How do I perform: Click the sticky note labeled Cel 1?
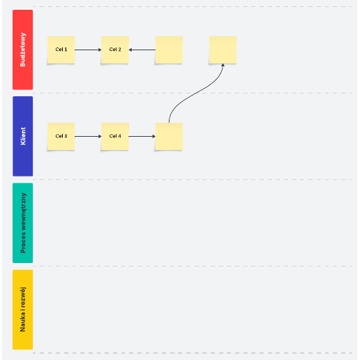[61, 50]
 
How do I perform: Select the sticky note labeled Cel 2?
[115, 50]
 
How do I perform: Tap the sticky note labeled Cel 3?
[61, 136]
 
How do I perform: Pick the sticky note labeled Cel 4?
[115, 136]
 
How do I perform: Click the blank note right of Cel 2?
[169, 50]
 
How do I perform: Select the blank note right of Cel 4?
[169, 136]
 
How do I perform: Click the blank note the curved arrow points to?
[223, 50]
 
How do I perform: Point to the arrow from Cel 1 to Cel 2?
[88, 50]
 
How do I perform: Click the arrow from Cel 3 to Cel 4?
[88, 136]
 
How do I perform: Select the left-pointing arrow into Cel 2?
[142, 50]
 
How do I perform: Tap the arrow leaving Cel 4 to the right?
[142, 136]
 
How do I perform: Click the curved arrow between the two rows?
[195, 93]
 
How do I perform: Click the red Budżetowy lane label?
[23, 50]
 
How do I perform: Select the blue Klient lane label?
[23, 136]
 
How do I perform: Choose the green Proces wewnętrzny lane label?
[23, 223]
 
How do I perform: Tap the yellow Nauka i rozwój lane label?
[23, 310]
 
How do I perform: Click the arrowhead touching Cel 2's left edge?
[100, 50]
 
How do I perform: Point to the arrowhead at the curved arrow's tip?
[223, 65]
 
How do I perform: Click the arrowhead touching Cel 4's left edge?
[100, 136]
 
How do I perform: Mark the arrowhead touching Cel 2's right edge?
[130, 50]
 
